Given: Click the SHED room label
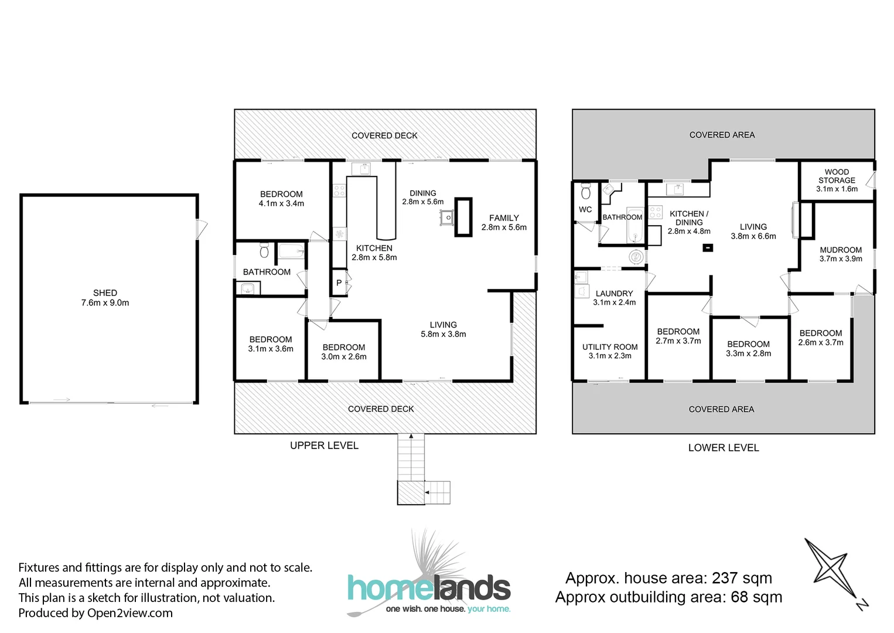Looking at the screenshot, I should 105,297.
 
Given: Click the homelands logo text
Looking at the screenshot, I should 429,588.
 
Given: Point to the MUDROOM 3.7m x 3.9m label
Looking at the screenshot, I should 841,254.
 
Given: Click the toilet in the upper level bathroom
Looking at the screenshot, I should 264,250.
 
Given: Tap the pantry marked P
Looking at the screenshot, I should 339,283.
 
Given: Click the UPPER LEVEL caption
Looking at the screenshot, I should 324,445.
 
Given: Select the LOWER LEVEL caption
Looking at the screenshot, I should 724,448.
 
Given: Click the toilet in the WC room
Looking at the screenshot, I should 586,191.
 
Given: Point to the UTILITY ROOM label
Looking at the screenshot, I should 610,351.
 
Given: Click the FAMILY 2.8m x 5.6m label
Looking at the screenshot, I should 504,222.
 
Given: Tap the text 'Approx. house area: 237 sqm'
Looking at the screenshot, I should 668,578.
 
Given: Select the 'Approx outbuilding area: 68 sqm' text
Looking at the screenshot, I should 668,597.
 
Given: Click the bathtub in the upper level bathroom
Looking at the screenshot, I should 291,251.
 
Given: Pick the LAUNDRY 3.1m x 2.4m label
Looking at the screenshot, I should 614,298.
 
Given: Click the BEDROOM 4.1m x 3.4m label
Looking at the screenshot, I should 281,199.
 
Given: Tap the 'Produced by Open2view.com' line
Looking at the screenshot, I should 95,613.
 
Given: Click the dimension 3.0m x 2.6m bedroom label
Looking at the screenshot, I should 344,356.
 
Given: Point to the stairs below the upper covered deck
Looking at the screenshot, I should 411,463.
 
